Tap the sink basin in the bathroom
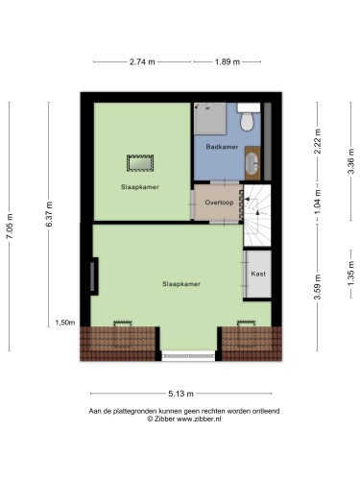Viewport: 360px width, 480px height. (x=252, y=163)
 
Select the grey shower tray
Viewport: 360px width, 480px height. (x=210, y=118)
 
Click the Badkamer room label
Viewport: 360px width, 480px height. (x=222, y=147)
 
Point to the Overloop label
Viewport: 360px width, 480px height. (x=219, y=203)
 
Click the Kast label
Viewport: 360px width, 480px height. (x=258, y=274)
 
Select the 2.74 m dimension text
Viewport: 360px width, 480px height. (x=142, y=61)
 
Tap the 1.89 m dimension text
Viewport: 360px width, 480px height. (x=228, y=61)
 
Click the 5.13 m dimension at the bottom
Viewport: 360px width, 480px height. (x=181, y=394)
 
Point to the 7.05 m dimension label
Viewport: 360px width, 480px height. (x=10, y=226)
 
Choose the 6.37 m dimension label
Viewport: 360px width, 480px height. (x=49, y=214)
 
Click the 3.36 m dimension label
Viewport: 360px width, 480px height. (x=351, y=161)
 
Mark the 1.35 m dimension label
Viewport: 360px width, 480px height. (x=351, y=275)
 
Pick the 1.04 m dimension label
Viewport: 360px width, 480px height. (x=317, y=203)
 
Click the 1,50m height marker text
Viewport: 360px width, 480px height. (x=65, y=323)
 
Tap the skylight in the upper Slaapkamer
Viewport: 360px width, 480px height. (x=140, y=163)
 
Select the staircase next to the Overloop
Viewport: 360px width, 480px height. (x=257, y=215)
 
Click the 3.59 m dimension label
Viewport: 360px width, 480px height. (x=317, y=287)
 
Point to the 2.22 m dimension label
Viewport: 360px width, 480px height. (x=317, y=141)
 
